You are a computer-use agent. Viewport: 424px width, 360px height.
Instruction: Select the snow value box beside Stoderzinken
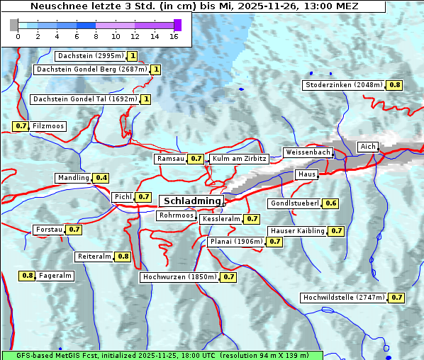point(394,85)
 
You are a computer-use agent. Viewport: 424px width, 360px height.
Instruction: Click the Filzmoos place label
point(48,126)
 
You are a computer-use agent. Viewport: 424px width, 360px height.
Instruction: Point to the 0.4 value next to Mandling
point(101,178)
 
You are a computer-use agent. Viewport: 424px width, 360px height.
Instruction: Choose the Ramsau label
point(170,159)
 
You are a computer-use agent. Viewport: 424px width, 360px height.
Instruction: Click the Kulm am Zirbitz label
point(239,159)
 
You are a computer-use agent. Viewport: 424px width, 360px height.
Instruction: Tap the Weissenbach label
point(307,152)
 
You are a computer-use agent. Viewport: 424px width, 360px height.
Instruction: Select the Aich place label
point(368,147)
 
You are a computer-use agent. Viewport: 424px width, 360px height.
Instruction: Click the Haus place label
point(306,174)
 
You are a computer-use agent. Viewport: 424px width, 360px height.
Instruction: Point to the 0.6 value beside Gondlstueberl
point(330,204)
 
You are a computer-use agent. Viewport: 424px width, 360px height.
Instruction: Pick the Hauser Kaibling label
point(297,231)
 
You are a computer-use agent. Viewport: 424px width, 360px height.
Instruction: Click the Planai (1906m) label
point(236,242)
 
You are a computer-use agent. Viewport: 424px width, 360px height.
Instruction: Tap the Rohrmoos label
point(177,215)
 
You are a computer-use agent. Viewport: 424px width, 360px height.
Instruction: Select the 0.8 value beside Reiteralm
point(123,257)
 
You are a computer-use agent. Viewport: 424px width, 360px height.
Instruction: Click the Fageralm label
point(55,276)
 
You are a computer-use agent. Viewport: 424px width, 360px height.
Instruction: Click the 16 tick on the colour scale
point(174,36)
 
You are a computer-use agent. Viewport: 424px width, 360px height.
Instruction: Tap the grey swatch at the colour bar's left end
point(14,25)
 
